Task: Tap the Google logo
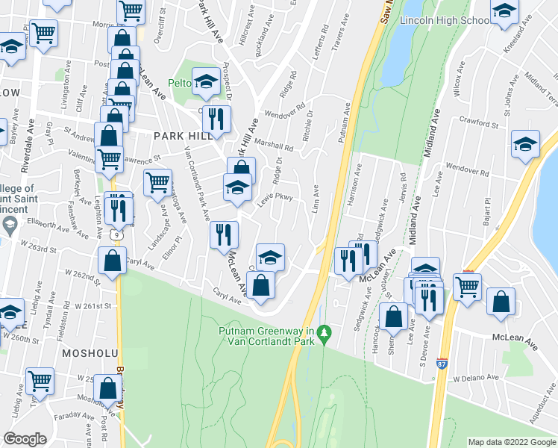click(x=25, y=439)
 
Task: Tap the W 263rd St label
click(x=40, y=246)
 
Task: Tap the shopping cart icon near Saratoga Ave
click(x=157, y=181)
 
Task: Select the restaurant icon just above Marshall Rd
click(x=216, y=119)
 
